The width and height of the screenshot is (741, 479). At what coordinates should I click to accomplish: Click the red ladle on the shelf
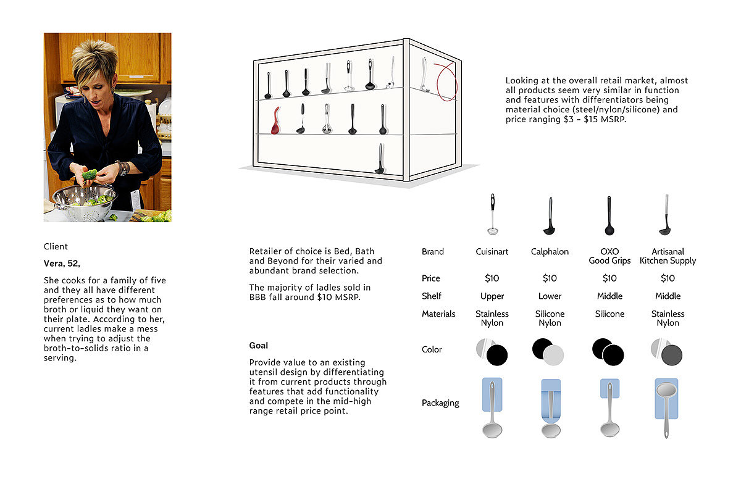275,121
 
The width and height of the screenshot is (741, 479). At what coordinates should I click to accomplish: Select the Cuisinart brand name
492,252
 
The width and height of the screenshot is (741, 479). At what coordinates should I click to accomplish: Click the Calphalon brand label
550,252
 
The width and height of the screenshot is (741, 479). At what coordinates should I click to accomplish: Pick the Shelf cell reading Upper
492,296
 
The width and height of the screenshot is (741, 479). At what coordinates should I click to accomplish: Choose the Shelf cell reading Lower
550,296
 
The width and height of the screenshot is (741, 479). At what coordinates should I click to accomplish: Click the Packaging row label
440,403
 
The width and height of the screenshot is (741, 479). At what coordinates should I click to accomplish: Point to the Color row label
432,349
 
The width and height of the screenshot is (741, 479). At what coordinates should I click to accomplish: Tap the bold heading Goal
259,346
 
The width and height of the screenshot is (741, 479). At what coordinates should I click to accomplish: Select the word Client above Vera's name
56,247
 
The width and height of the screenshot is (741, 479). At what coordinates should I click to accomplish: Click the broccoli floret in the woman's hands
90,175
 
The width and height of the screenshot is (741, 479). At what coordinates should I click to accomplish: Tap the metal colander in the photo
84,204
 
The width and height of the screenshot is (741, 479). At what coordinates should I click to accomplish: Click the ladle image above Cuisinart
492,214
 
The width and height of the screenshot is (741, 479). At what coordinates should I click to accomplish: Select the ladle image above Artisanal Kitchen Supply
666,215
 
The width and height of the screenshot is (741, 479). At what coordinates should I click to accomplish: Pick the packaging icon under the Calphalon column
551,408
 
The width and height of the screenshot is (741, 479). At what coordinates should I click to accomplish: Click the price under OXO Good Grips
609,278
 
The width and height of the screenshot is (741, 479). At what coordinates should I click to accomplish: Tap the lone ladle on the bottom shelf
379,159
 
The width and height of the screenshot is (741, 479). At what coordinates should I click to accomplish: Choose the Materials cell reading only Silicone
609,314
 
